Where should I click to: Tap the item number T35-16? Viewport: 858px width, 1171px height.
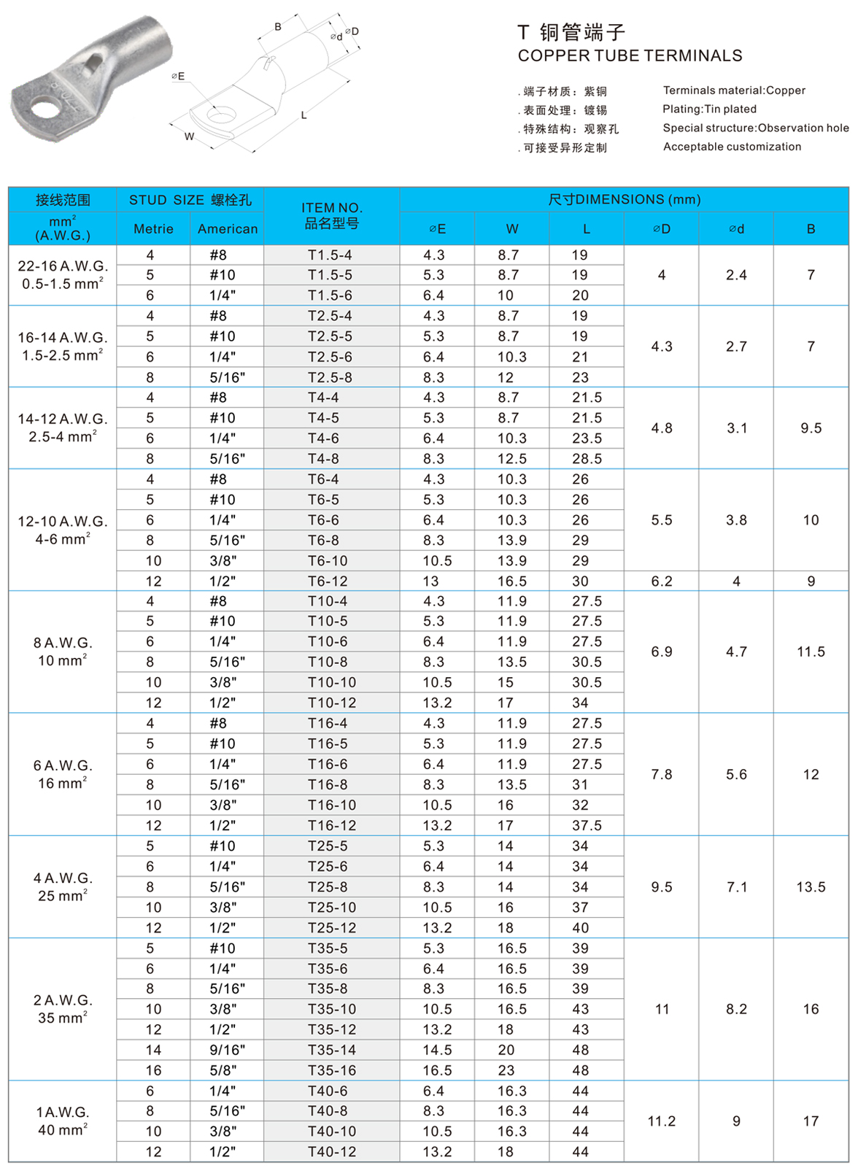pos(332,1070)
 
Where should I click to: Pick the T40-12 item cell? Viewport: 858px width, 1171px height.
pos(332,1151)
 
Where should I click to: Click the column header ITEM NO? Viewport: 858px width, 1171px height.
pos(332,216)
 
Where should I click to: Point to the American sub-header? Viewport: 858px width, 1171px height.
pos(228,229)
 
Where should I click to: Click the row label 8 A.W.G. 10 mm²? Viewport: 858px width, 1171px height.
pos(63,652)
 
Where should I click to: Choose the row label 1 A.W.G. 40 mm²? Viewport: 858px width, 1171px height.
pos(63,1121)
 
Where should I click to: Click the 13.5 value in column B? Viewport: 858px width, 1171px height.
pos(811,887)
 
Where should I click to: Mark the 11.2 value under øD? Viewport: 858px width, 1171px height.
pos(662,1121)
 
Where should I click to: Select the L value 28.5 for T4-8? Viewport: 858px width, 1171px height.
pos(587,459)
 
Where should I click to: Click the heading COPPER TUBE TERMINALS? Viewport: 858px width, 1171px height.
pos(630,56)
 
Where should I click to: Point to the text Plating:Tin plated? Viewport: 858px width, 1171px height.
pos(709,109)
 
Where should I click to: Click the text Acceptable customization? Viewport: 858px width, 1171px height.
pos(732,147)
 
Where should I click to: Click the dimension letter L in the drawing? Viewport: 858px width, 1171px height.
pos(304,115)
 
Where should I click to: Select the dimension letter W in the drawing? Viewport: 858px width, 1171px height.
pos(189,136)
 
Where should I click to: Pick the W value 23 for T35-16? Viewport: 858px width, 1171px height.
pos(506,1070)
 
